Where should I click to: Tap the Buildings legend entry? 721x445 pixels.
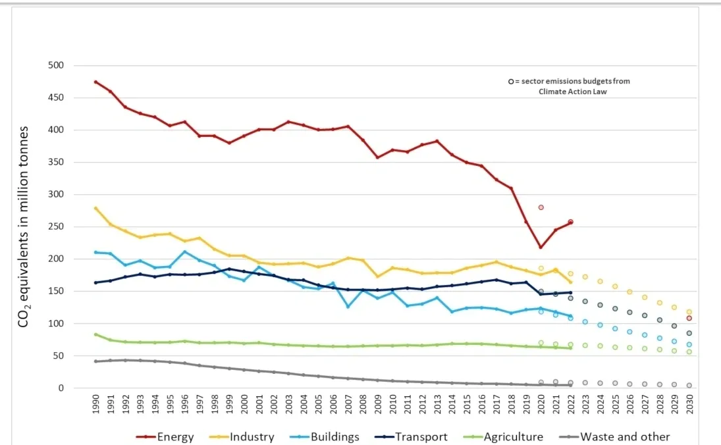coord(334,436)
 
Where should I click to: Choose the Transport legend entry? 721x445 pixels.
coord(421,436)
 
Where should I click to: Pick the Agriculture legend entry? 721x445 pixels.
coord(512,436)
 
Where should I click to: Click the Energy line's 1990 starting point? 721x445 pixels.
coord(96,82)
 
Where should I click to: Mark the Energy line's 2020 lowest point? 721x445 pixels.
coord(541,247)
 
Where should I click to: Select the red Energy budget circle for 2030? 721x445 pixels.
coord(689,319)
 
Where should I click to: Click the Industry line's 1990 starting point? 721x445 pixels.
coord(96,208)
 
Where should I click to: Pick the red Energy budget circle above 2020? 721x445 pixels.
coord(541,207)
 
